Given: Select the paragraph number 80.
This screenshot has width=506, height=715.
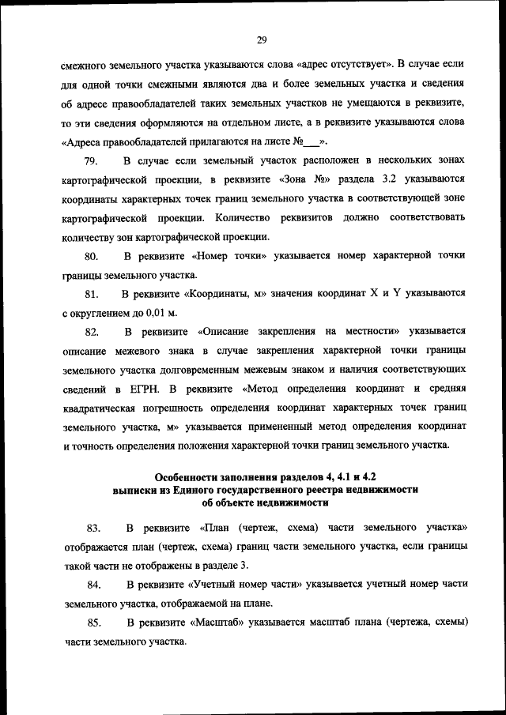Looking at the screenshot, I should (90, 256).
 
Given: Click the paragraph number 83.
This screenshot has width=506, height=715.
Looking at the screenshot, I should (92, 528).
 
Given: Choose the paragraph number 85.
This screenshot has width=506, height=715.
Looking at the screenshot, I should (94, 623).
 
